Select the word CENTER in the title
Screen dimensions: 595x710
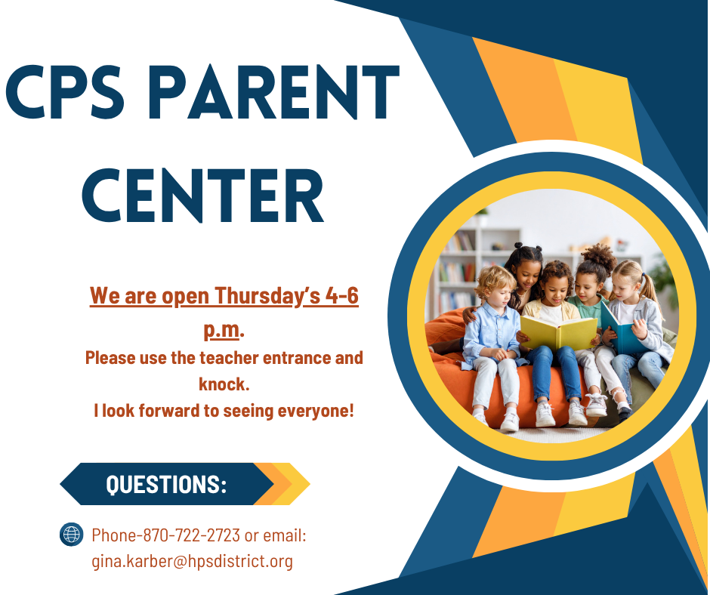point(202,196)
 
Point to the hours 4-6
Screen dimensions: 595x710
point(341,296)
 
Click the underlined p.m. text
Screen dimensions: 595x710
point(223,330)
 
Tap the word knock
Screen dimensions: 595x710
point(224,384)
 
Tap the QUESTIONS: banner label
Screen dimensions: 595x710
point(166,484)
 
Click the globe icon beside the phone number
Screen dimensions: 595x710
point(71,535)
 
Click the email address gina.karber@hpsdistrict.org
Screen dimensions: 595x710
point(192,561)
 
